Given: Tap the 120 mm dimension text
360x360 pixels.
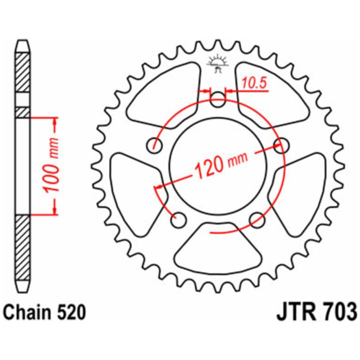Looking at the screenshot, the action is click(220, 164).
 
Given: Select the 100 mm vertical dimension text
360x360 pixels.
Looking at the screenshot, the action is click(50, 165).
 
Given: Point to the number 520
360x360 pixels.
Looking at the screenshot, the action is click(71, 312).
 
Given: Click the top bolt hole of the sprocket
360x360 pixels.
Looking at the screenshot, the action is click(218, 99).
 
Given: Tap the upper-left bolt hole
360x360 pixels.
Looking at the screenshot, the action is click(154, 145).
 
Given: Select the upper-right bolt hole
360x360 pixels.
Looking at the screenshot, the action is click(282, 145).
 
